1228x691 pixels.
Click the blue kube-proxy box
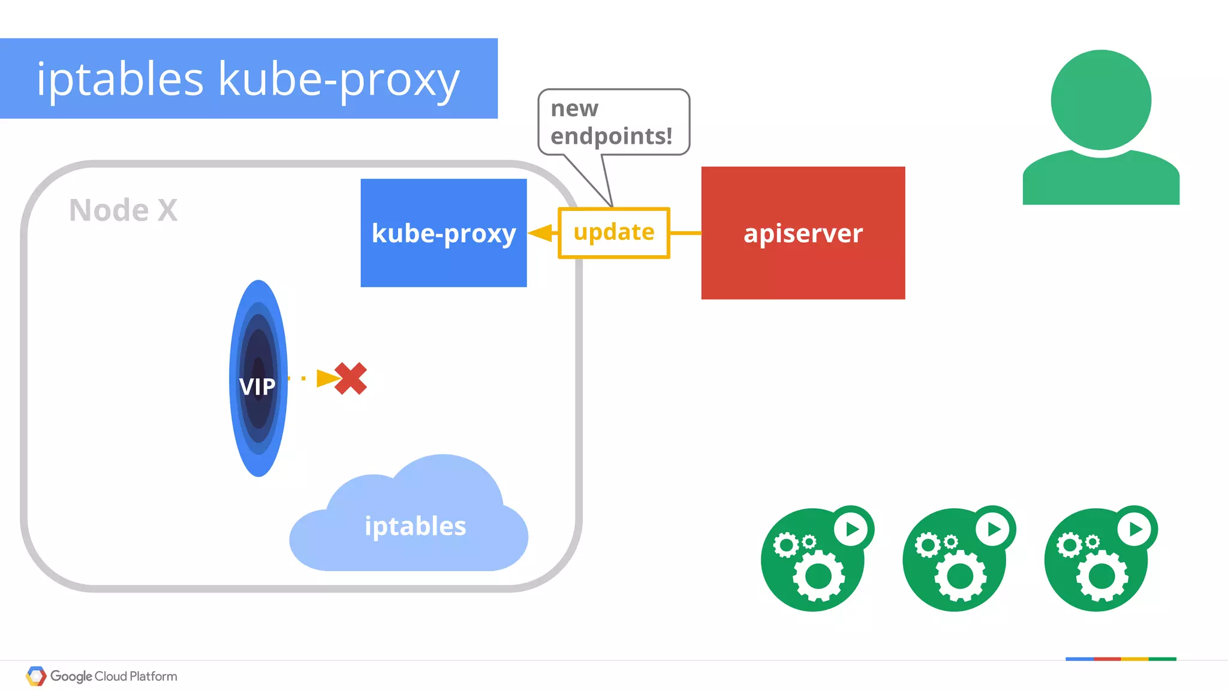pos(443,233)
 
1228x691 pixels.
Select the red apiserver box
pos(803,233)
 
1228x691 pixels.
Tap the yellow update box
pos(613,233)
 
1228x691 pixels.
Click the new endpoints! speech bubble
pos(613,122)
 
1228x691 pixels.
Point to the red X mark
pos(351,379)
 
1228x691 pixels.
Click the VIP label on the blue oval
pos(258,387)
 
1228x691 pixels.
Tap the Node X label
pos(124,210)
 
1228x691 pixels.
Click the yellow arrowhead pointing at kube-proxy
pos(541,233)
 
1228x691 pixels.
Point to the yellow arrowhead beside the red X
pos(327,378)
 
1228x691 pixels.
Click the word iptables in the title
pos(120,79)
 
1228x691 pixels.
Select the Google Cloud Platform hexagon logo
pos(36,676)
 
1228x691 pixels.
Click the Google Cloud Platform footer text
pos(114,676)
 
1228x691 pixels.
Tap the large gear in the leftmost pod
pos(818,577)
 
